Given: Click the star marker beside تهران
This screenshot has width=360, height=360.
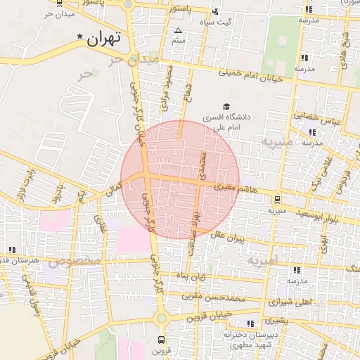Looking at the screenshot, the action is [x=80, y=37].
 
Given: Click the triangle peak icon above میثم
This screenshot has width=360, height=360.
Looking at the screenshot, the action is [x=178, y=30].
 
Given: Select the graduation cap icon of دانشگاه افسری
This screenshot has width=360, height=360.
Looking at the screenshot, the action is [x=226, y=106].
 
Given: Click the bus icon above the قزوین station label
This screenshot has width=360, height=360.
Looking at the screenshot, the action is [x=162, y=338].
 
